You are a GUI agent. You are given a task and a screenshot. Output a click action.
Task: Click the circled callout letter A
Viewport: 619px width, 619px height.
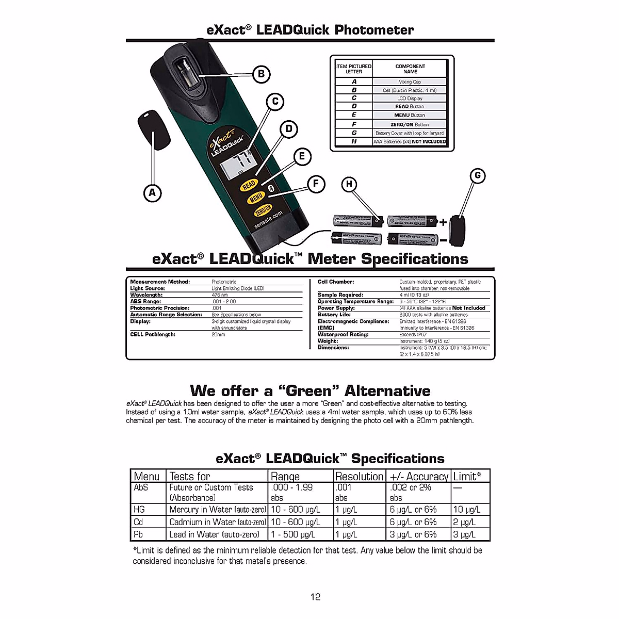click(x=152, y=193)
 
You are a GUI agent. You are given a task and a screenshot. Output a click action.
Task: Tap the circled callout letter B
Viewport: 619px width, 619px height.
click(x=262, y=74)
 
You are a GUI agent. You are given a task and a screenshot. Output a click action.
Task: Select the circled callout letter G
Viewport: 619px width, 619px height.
click(x=478, y=175)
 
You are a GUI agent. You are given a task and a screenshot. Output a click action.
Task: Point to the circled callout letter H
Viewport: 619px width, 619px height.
click(x=350, y=184)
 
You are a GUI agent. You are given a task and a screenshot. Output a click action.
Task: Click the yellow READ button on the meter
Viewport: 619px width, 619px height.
click(x=249, y=185)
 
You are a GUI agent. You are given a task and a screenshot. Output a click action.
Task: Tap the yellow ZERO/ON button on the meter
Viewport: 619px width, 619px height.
click(x=263, y=210)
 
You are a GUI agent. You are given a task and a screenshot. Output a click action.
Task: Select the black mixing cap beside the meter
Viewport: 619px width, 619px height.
click(x=154, y=129)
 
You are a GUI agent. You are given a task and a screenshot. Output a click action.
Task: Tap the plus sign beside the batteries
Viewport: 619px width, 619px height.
click(x=443, y=222)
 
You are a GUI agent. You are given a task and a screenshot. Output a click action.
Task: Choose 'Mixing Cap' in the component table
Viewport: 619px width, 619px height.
click(x=410, y=82)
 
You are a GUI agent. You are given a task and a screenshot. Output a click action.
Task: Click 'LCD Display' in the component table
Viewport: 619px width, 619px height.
click(x=410, y=98)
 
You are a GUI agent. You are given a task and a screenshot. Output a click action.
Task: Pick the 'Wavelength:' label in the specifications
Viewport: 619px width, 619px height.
click(x=146, y=295)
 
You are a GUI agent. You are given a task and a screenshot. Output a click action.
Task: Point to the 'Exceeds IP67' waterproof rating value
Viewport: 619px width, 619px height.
click(x=413, y=334)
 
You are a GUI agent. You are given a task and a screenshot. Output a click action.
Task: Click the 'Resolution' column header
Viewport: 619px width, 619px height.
click(x=359, y=476)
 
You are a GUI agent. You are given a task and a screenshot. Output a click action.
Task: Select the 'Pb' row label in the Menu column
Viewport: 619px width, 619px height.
click(x=138, y=534)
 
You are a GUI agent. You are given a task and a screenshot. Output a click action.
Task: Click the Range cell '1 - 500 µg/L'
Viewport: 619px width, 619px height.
click(x=293, y=534)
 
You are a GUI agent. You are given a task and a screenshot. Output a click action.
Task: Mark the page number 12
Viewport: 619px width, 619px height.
click(x=315, y=597)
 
